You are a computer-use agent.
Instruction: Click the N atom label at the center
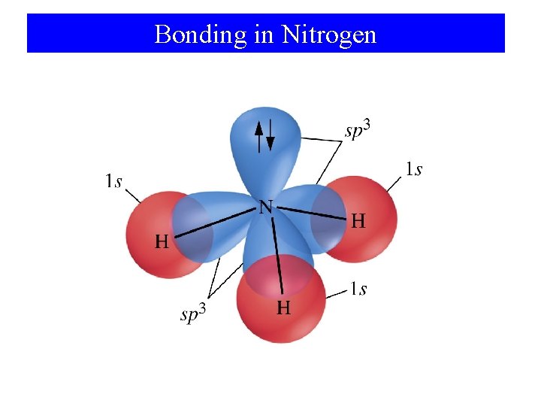click(265, 207)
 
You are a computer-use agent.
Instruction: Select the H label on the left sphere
click(162, 242)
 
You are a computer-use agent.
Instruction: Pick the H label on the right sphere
click(358, 221)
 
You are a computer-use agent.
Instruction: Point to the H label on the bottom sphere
click(284, 308)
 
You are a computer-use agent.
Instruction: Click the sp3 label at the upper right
click(358, 130)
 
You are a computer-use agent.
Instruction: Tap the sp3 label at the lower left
click(193, 314)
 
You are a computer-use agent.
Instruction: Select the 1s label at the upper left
click(113, 181)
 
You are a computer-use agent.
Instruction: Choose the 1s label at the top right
click(413, 169)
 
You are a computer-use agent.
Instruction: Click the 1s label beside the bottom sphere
click(358, 289)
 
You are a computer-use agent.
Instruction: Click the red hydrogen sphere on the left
click(147, 226)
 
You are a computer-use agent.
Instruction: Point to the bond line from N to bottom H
click(277, 252)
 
